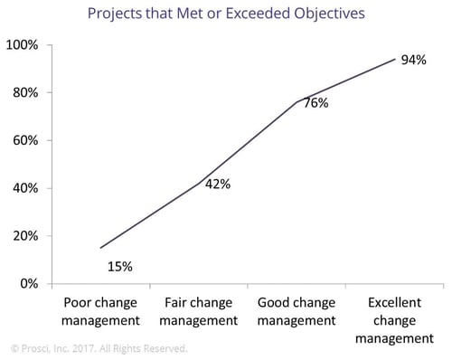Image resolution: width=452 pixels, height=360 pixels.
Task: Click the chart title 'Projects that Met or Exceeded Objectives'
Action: tap(226, 14)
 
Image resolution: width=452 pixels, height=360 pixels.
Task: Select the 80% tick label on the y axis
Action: tap(24, 93)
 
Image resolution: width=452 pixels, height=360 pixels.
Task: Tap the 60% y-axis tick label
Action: tap(24, 140)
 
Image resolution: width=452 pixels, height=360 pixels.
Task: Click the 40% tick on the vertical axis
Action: tap(24, 188)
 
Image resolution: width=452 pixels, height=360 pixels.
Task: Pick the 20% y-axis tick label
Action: tap(24, 236)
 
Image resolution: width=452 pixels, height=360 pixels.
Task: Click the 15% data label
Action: tap(119, 266)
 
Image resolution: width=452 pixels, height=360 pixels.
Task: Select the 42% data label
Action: tap(217, 185)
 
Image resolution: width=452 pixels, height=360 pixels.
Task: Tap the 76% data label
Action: tap(314, 103)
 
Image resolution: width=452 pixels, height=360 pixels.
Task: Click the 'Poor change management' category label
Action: tap(100, 310)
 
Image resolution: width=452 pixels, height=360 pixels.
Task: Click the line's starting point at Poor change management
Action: tap(100, 248)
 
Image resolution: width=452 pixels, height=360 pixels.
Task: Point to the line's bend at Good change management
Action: tap(297, 102)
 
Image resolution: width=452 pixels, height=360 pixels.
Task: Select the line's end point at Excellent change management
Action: tap(395, 59)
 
